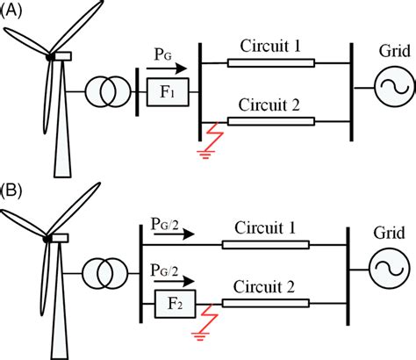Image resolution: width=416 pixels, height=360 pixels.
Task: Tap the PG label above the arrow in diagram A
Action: (164, 54)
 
